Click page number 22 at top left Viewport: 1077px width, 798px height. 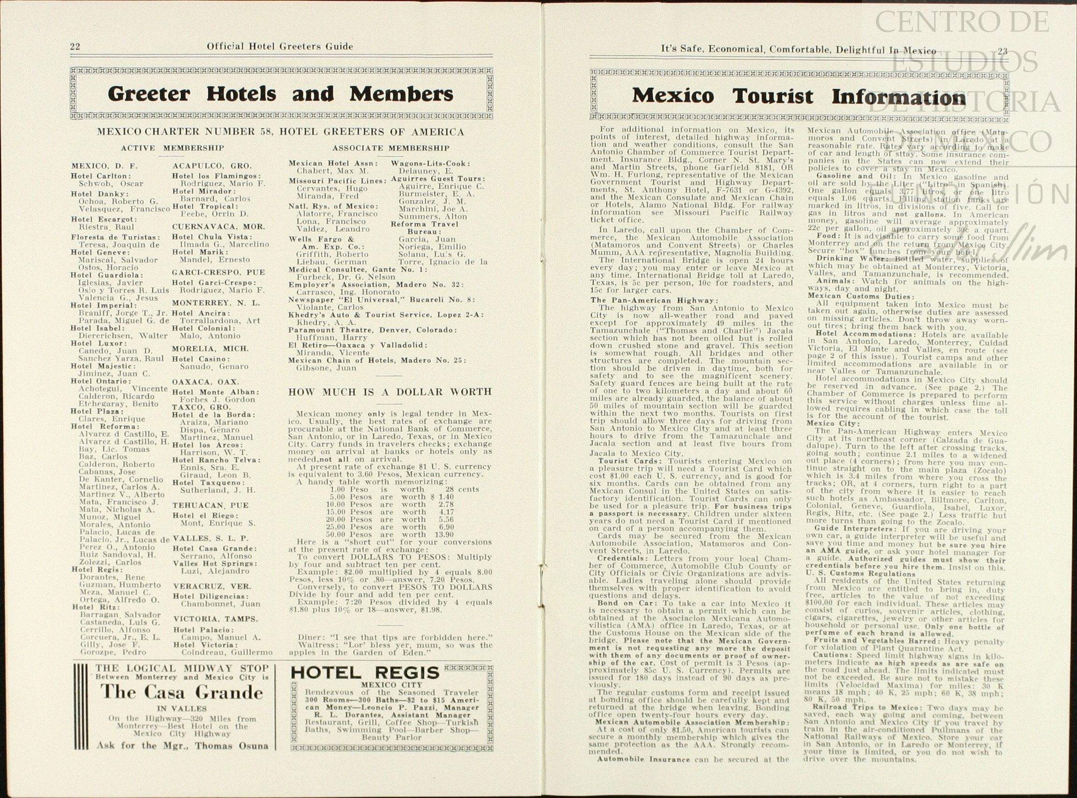(x=75, y=46)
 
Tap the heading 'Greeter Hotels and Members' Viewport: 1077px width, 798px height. (x=281, y=93)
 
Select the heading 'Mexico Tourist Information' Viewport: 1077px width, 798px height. (x=799, y=96)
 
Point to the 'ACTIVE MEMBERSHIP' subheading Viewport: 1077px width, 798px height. (x=172, y=148)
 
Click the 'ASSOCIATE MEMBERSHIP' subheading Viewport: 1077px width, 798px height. (x=390, y=148)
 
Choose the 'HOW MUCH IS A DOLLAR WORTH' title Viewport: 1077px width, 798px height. (x=390, y=392)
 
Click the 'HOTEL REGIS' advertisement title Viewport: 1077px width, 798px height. (x=365, y=672)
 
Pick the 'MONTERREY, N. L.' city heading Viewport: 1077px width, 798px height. (x=216, y=303)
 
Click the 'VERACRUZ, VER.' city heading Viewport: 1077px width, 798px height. (x=212, y=586)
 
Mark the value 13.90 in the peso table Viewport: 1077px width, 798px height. (x=444, y=535)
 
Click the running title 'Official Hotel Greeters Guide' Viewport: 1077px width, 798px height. (x=280, y=46)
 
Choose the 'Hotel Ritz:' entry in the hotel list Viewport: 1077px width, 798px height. (x=96, y=607)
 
